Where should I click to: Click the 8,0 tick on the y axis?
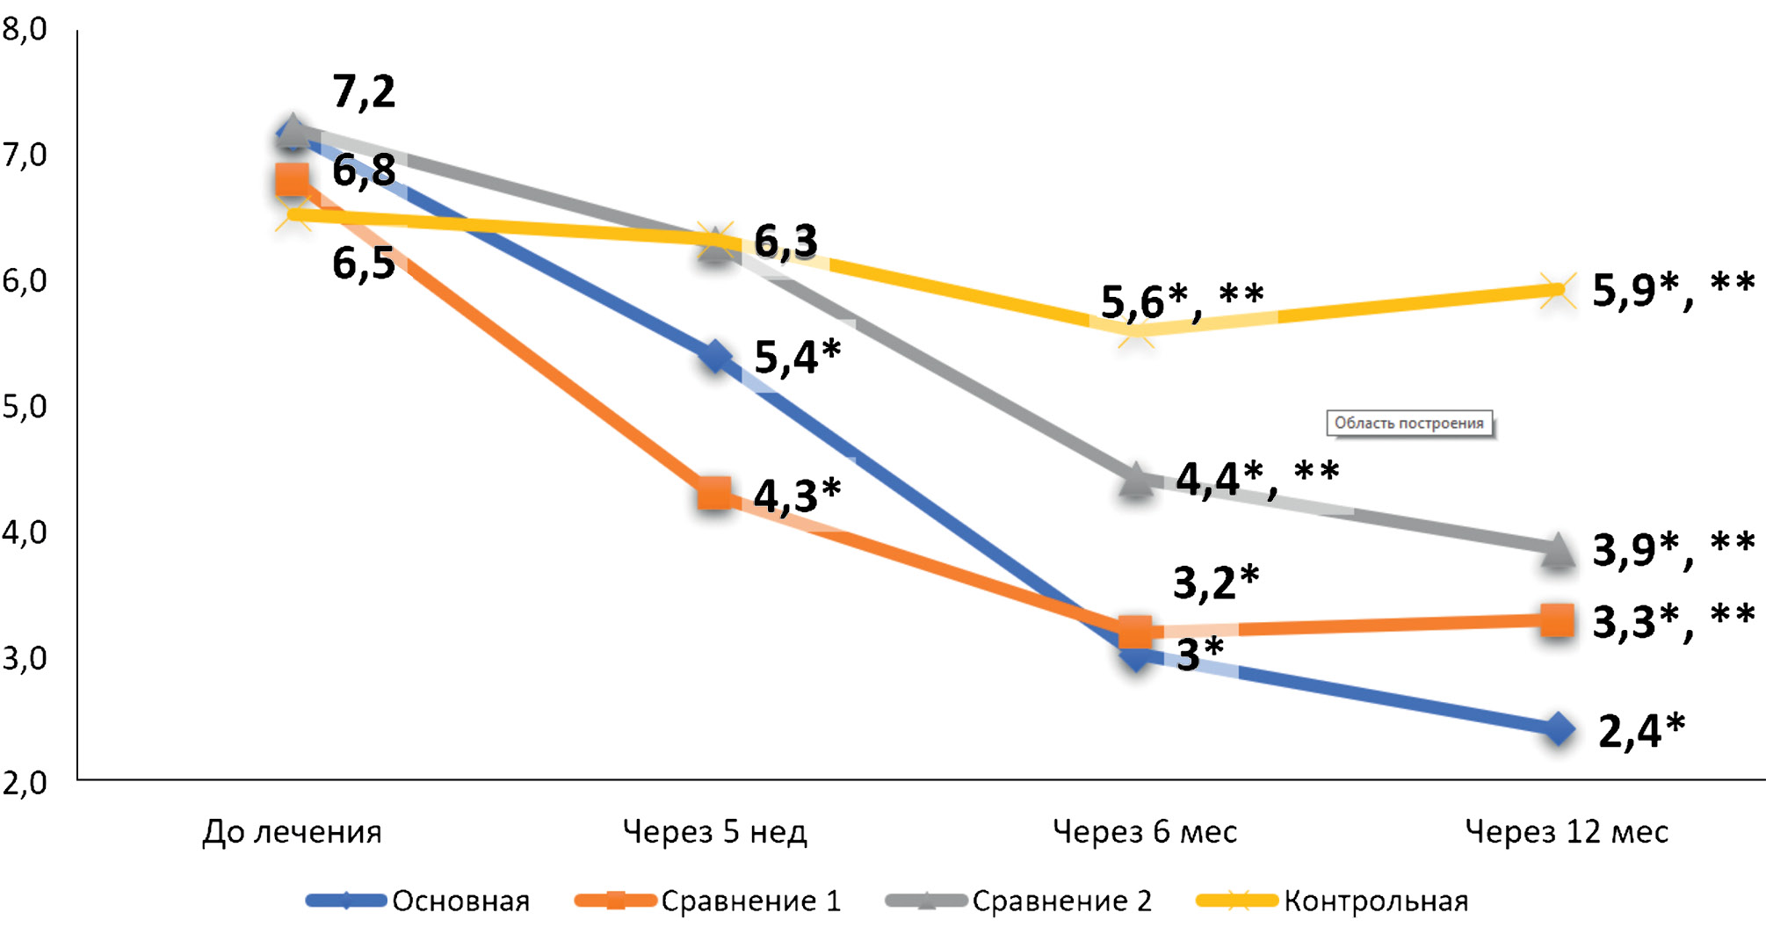[25, 30]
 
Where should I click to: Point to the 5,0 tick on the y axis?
[25, 407]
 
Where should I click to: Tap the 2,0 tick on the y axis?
[25, 783]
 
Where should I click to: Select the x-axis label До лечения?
[292, 831]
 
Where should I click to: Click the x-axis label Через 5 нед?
[714, 831]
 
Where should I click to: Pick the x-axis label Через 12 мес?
[1567, 831]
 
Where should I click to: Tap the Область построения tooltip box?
[1408, 424]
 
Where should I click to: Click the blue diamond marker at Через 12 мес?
[1559, 729]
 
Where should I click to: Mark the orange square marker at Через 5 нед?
[714, 494]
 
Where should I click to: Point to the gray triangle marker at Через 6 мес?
[1136, 480]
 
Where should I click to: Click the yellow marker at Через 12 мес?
[1559, 290]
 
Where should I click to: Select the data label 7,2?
[364, 91]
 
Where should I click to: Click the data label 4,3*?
[797, 496]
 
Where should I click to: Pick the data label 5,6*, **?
[1182, 301]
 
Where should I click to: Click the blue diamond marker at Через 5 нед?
[715, 357]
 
